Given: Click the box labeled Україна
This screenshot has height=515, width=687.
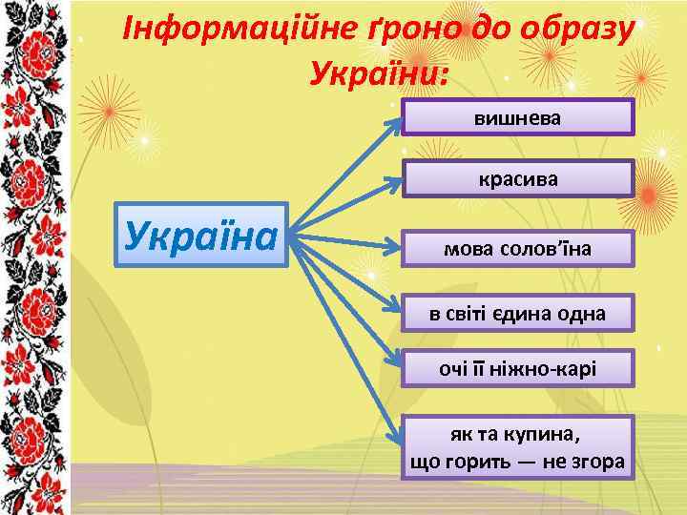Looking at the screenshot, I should tap(199, 234).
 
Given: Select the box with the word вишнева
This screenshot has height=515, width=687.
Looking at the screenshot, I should tap(517, 117).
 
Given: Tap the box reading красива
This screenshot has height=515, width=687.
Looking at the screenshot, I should tap(517, 178).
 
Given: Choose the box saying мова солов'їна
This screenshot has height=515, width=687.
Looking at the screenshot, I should tap(517, 248).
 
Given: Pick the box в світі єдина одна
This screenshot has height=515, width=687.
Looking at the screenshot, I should tap(517, 312).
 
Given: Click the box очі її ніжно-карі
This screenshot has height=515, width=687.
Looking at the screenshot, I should tap(517, 368).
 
